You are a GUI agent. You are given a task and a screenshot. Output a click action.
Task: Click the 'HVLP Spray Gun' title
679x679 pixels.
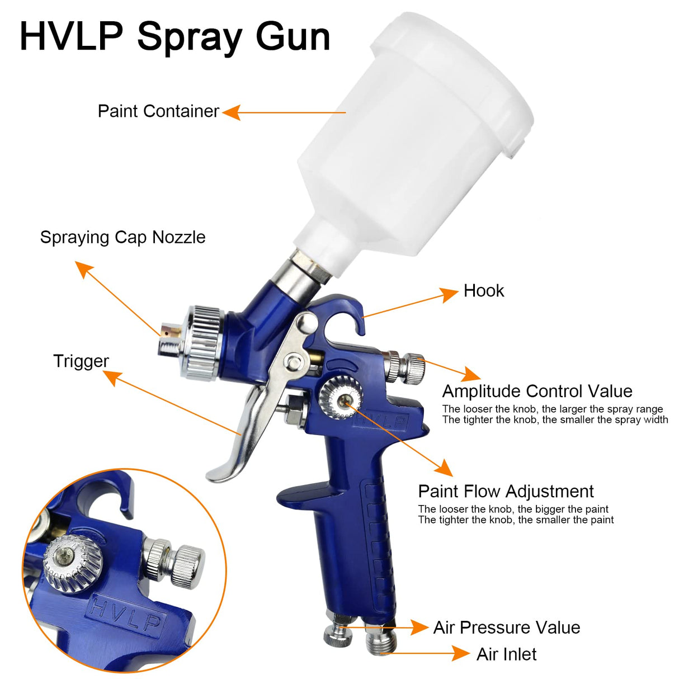[x=175, y=36]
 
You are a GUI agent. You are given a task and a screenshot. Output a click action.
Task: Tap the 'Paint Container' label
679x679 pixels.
[x=158, y=111]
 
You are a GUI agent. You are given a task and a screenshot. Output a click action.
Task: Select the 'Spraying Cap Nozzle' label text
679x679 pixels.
[x=122, y=237]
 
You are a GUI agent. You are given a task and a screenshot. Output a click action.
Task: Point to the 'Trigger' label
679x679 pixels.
[x=81, y=361]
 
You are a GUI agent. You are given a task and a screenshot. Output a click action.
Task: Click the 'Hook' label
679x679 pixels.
[x=484, y=291]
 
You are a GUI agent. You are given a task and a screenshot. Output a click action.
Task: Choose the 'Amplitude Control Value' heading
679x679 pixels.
[x=537, y=391]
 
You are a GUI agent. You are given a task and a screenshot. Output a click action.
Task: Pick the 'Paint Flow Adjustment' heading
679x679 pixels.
[x=506, y=491]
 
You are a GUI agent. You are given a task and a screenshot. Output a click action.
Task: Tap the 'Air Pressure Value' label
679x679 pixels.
[x=506, y=628]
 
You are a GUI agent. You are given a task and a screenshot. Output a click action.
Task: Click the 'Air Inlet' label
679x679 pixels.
[x=506, y=654]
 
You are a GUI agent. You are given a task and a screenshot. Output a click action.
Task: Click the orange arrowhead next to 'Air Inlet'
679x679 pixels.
[x=461, y=653]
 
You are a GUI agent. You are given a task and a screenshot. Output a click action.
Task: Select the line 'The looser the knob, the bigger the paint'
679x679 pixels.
[x=513, y=509]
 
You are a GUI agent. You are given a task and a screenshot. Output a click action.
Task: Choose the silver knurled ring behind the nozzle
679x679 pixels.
[x=204, y=342]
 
